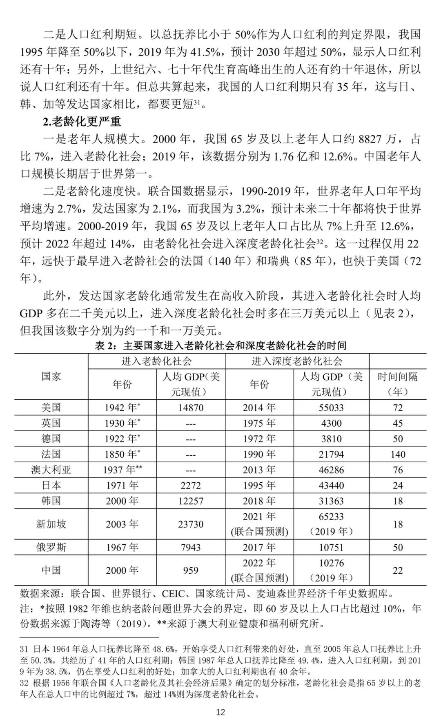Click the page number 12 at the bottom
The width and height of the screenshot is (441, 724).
(220, 712)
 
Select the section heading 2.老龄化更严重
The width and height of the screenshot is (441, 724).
(82, 121)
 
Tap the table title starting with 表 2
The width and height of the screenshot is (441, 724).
(220, 345)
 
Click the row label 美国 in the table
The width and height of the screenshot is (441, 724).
(51, 407)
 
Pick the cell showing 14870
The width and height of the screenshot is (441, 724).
(191, 408)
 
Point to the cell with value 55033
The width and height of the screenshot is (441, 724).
(331, 408)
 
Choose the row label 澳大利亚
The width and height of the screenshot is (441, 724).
(51, 470)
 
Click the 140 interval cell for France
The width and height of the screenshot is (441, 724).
(398, 454)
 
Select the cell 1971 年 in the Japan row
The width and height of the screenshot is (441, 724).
(122, 485)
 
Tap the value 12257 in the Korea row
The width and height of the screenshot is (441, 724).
(191, 501)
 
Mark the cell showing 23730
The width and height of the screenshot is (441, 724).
(191, 524)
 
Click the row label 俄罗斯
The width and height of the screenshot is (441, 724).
(51, 547)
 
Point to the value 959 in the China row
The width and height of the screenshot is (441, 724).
(191, 570)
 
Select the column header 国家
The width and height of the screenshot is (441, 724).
(51, 376)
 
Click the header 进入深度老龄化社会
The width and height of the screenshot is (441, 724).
(297, 361)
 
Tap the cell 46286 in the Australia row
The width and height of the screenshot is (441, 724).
(331, 470)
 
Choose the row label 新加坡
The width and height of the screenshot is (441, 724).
(51, 524)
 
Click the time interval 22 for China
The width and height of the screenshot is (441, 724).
(398, 570)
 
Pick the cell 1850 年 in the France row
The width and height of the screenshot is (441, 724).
(122, 454)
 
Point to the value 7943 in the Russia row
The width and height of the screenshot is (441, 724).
(191, 547)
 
